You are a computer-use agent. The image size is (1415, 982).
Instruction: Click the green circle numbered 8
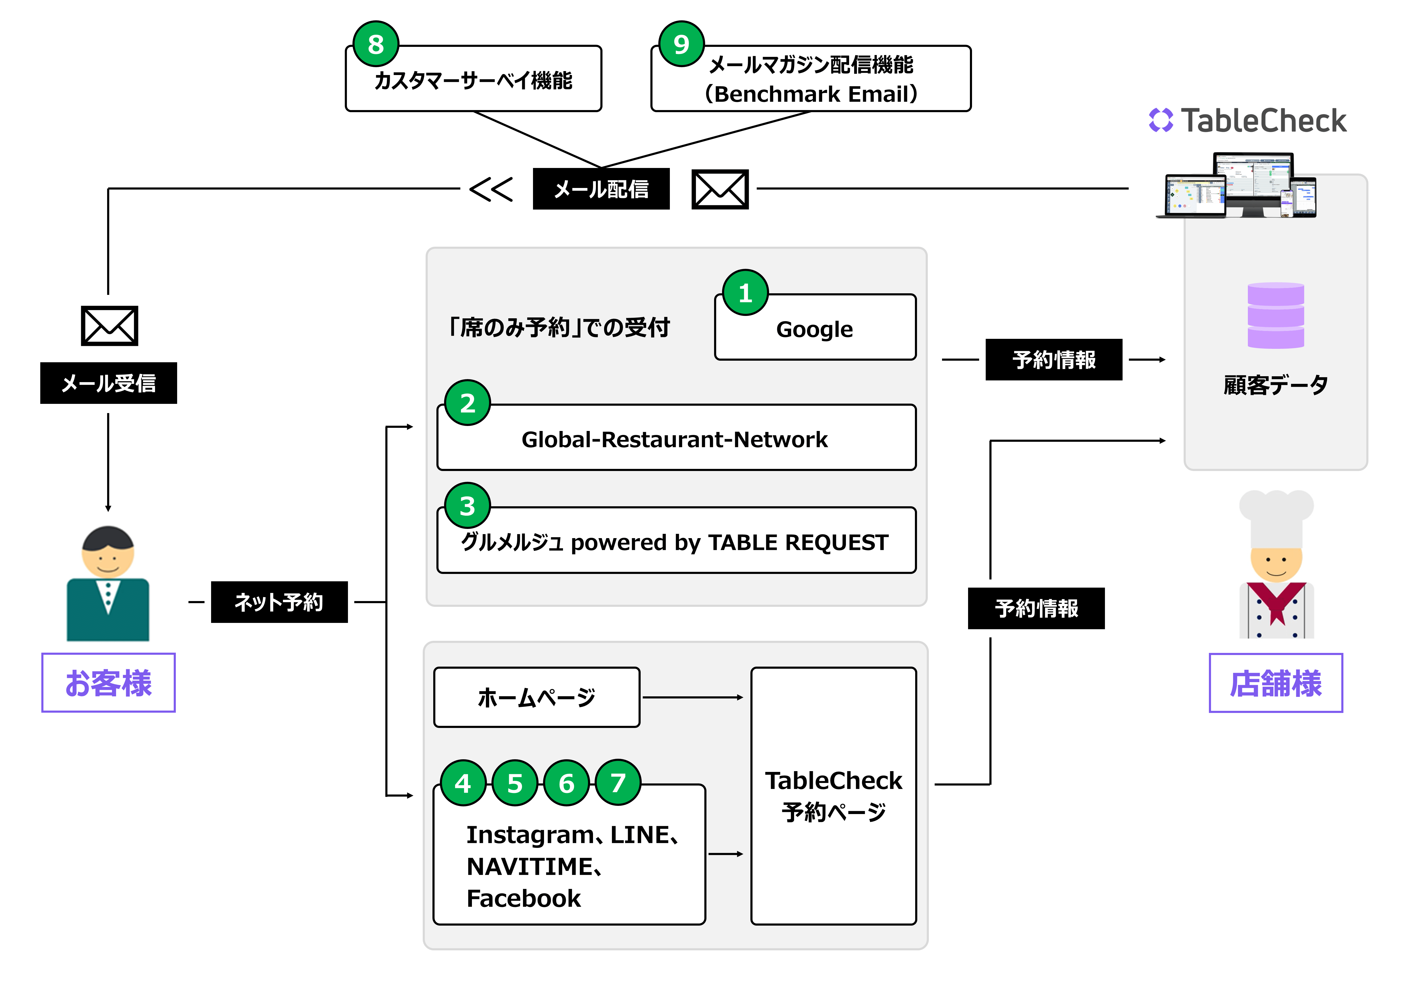click(376, 44)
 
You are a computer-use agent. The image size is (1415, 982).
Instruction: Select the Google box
click(815, 328)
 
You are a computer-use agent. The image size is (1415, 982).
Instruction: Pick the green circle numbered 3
click(467, 506)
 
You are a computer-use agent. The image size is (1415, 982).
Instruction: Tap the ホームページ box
click(536, 697)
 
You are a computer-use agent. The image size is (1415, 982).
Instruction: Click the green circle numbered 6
click(566, 783)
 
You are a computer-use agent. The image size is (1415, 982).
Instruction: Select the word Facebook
click(523, 898)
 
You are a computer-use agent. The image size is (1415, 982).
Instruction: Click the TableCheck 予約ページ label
click(833, 796)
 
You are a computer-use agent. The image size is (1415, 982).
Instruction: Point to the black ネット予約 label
click(279, 602)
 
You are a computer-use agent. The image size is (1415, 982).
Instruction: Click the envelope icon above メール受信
click(109, 325)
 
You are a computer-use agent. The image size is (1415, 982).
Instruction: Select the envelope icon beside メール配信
click(720, 189)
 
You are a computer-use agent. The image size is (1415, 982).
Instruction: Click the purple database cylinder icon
click(1276, 315)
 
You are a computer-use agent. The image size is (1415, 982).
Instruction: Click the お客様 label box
click(108, 682)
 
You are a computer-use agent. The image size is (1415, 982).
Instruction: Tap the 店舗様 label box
click(1276, 682)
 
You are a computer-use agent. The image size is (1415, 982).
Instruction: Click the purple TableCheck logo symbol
click(1160, 120)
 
